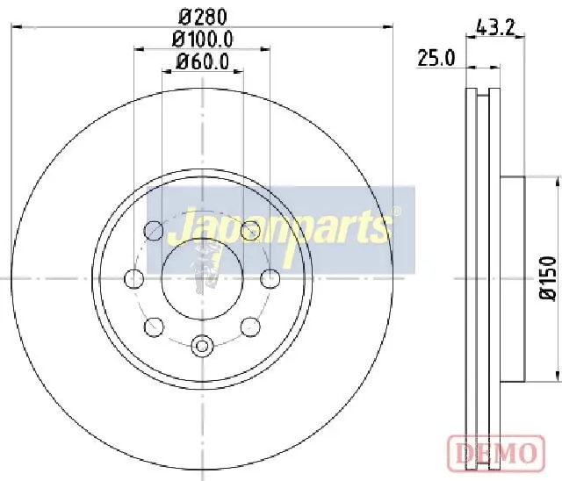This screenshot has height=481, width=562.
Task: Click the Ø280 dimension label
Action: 203,17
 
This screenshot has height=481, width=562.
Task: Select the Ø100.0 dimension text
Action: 203,39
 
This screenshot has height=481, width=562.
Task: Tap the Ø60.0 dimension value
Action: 203,61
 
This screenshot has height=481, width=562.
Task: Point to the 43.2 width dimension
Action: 495,27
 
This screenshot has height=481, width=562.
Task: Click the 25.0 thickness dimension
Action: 436,58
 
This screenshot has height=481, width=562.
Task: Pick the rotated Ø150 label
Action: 549,278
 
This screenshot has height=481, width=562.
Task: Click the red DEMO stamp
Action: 496,453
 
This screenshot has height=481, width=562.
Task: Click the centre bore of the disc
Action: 203,278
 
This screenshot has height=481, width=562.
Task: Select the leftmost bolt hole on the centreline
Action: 134,278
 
